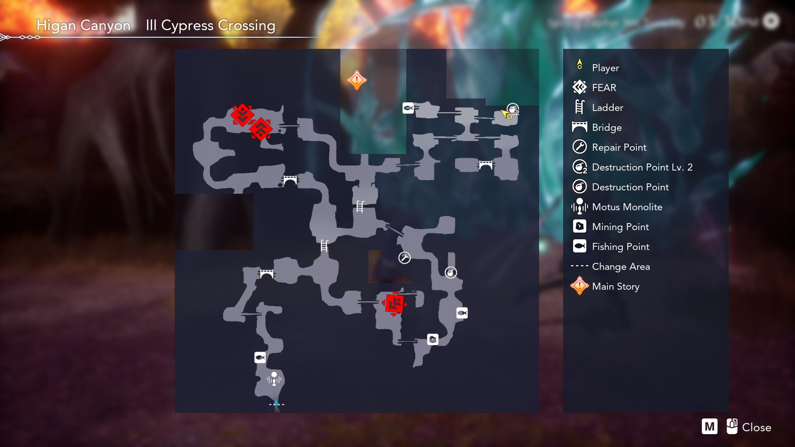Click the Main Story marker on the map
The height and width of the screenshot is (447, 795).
coord(357,80)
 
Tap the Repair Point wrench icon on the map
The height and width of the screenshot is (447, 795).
coord(405,258)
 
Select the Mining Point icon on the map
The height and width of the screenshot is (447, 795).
coord(433,340)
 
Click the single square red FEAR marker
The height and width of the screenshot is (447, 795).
coord(394,304)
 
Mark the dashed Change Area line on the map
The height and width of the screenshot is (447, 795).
coord(277,404)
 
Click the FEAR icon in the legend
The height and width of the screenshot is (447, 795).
coord(580,87)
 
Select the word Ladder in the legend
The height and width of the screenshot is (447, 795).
coord(607,108)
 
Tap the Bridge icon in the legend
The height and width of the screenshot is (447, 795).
coord(580,127)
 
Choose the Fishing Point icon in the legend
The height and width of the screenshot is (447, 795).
coord(580,246)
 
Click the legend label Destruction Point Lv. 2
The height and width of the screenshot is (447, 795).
coord(642,167)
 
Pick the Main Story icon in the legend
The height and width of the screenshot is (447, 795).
coord(580,286)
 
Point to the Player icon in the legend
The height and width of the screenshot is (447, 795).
coord(580,65)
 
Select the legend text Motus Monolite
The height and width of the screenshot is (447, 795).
coord(627,207)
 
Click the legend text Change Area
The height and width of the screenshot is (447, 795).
coord(621,267)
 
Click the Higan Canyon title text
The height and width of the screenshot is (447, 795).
coord(83,26)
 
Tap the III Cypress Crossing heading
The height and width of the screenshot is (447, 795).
coord(210,26)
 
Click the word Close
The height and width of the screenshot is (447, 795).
coord(756,428)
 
